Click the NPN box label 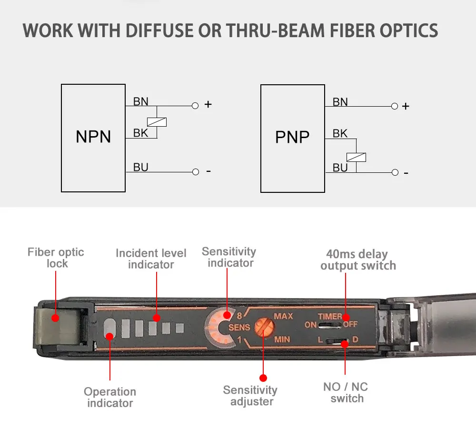tap(93, 137)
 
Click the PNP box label tap(292, 137)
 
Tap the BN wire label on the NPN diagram tap(140, 101)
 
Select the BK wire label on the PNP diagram tap(340, 134)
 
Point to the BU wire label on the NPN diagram tap(140, 167)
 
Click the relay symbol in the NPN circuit tap(157, 121)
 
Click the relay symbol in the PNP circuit tap(356, 156)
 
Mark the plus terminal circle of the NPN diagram tap(195, 106)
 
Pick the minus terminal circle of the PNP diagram tap(394, 172)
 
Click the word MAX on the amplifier tap(283, 317)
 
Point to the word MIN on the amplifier tap(283, 340)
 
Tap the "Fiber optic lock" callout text tap(56, 258)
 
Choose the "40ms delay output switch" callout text tap(358, 260)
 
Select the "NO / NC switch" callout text tap(346, 392)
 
